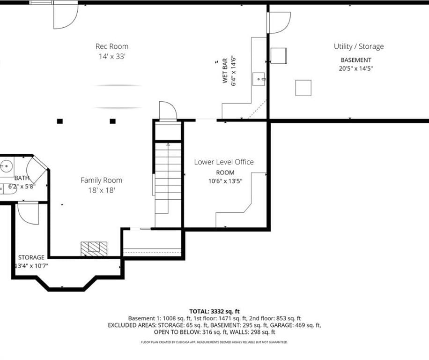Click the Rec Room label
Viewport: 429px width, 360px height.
112,46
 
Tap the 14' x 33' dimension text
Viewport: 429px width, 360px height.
112,56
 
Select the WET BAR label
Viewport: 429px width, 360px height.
225,71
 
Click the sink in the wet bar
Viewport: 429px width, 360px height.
259,79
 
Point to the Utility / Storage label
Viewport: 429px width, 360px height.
359,46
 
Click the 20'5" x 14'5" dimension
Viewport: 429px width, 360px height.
355,68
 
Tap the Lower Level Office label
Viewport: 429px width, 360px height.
224,162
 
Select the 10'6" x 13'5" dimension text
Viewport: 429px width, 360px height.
225,181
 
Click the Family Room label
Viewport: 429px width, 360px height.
101,180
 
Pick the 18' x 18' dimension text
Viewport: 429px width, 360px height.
101,190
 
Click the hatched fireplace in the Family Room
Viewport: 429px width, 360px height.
94,249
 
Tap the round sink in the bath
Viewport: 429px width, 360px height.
6,166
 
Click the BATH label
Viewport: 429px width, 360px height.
22,178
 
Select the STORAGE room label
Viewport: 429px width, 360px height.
31,257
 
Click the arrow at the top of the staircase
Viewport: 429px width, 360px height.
168,144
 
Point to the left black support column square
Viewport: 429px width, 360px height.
60,121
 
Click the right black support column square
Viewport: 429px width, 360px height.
112,121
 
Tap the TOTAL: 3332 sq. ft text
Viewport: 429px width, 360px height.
214,311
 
